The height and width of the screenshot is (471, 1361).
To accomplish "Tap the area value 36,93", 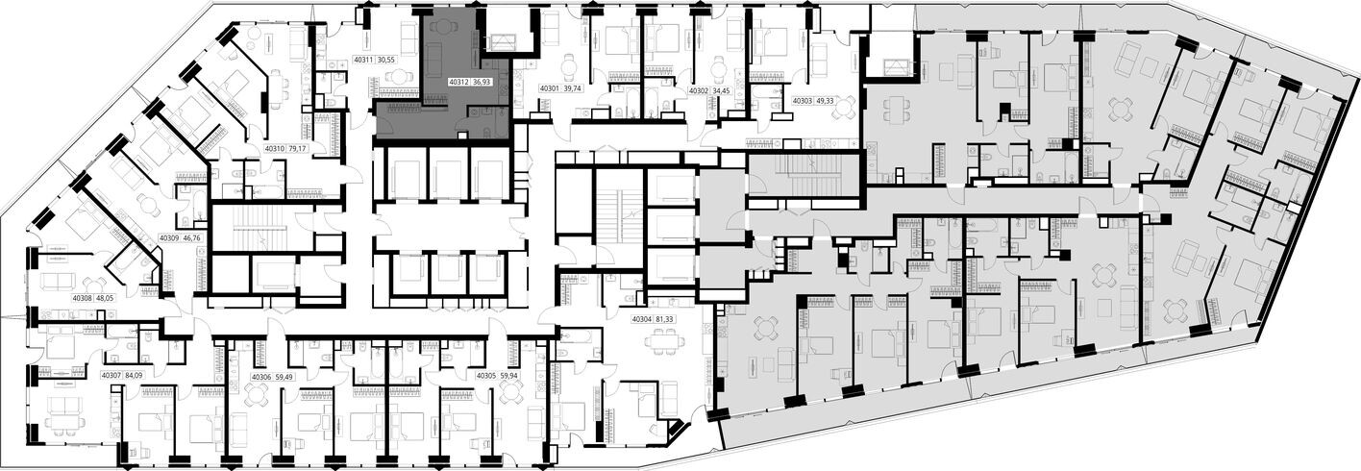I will pyautogui.click(x=492, y=84).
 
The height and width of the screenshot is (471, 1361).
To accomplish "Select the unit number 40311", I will pyautogui.click(x=363, y=60).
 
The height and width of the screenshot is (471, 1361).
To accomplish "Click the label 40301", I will pyautogui.click(x=550, y=88).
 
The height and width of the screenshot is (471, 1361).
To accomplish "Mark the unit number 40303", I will pyautogui.click(x=802, y=101).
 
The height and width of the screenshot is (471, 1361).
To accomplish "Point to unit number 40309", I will pyautogui.click(x=169, y=237).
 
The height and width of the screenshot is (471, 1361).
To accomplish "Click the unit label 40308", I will pyautogui.click(x=83, y=299).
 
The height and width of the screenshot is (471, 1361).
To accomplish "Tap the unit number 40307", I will pyautogui.click(x=111, y=376).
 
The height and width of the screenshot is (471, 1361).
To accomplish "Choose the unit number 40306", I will pyautogui.click(x=261, y=378).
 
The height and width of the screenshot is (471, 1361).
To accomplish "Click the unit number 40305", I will pyautogui.click(x=486, y=376).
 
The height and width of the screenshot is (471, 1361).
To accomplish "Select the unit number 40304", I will pyautogui.click(x=641, y=319).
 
